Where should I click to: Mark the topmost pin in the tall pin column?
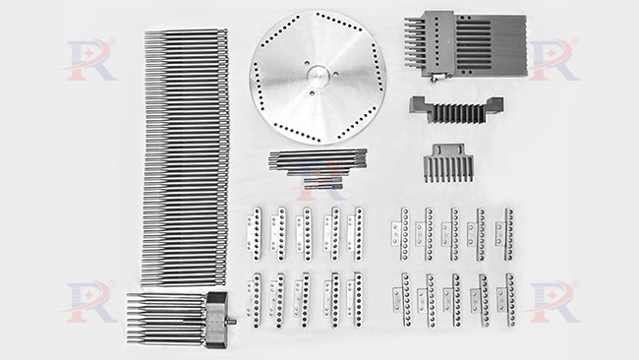(x=186, y=32)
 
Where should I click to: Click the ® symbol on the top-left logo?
(x=112, y=41)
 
